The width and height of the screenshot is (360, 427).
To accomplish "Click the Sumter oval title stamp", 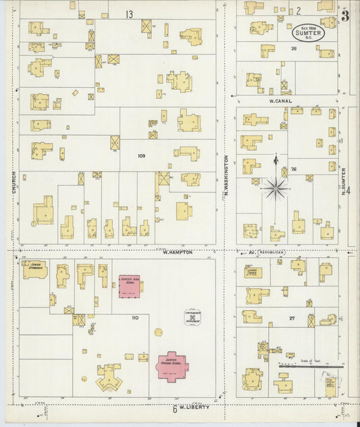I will [308, 32].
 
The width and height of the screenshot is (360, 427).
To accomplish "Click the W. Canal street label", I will [269, 100].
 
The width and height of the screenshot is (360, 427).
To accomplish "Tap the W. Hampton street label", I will [178, 252].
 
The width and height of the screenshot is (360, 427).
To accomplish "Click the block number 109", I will [141, 156].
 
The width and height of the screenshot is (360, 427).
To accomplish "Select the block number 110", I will [134, 317].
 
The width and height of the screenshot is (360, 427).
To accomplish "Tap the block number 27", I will [292, 317].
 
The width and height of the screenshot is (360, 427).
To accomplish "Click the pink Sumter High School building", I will [129, 286].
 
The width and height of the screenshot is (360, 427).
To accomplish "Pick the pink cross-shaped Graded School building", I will [173, 366].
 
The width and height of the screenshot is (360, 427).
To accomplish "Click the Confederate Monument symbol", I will [193, 318].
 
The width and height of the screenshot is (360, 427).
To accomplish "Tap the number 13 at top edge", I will [128, 14].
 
